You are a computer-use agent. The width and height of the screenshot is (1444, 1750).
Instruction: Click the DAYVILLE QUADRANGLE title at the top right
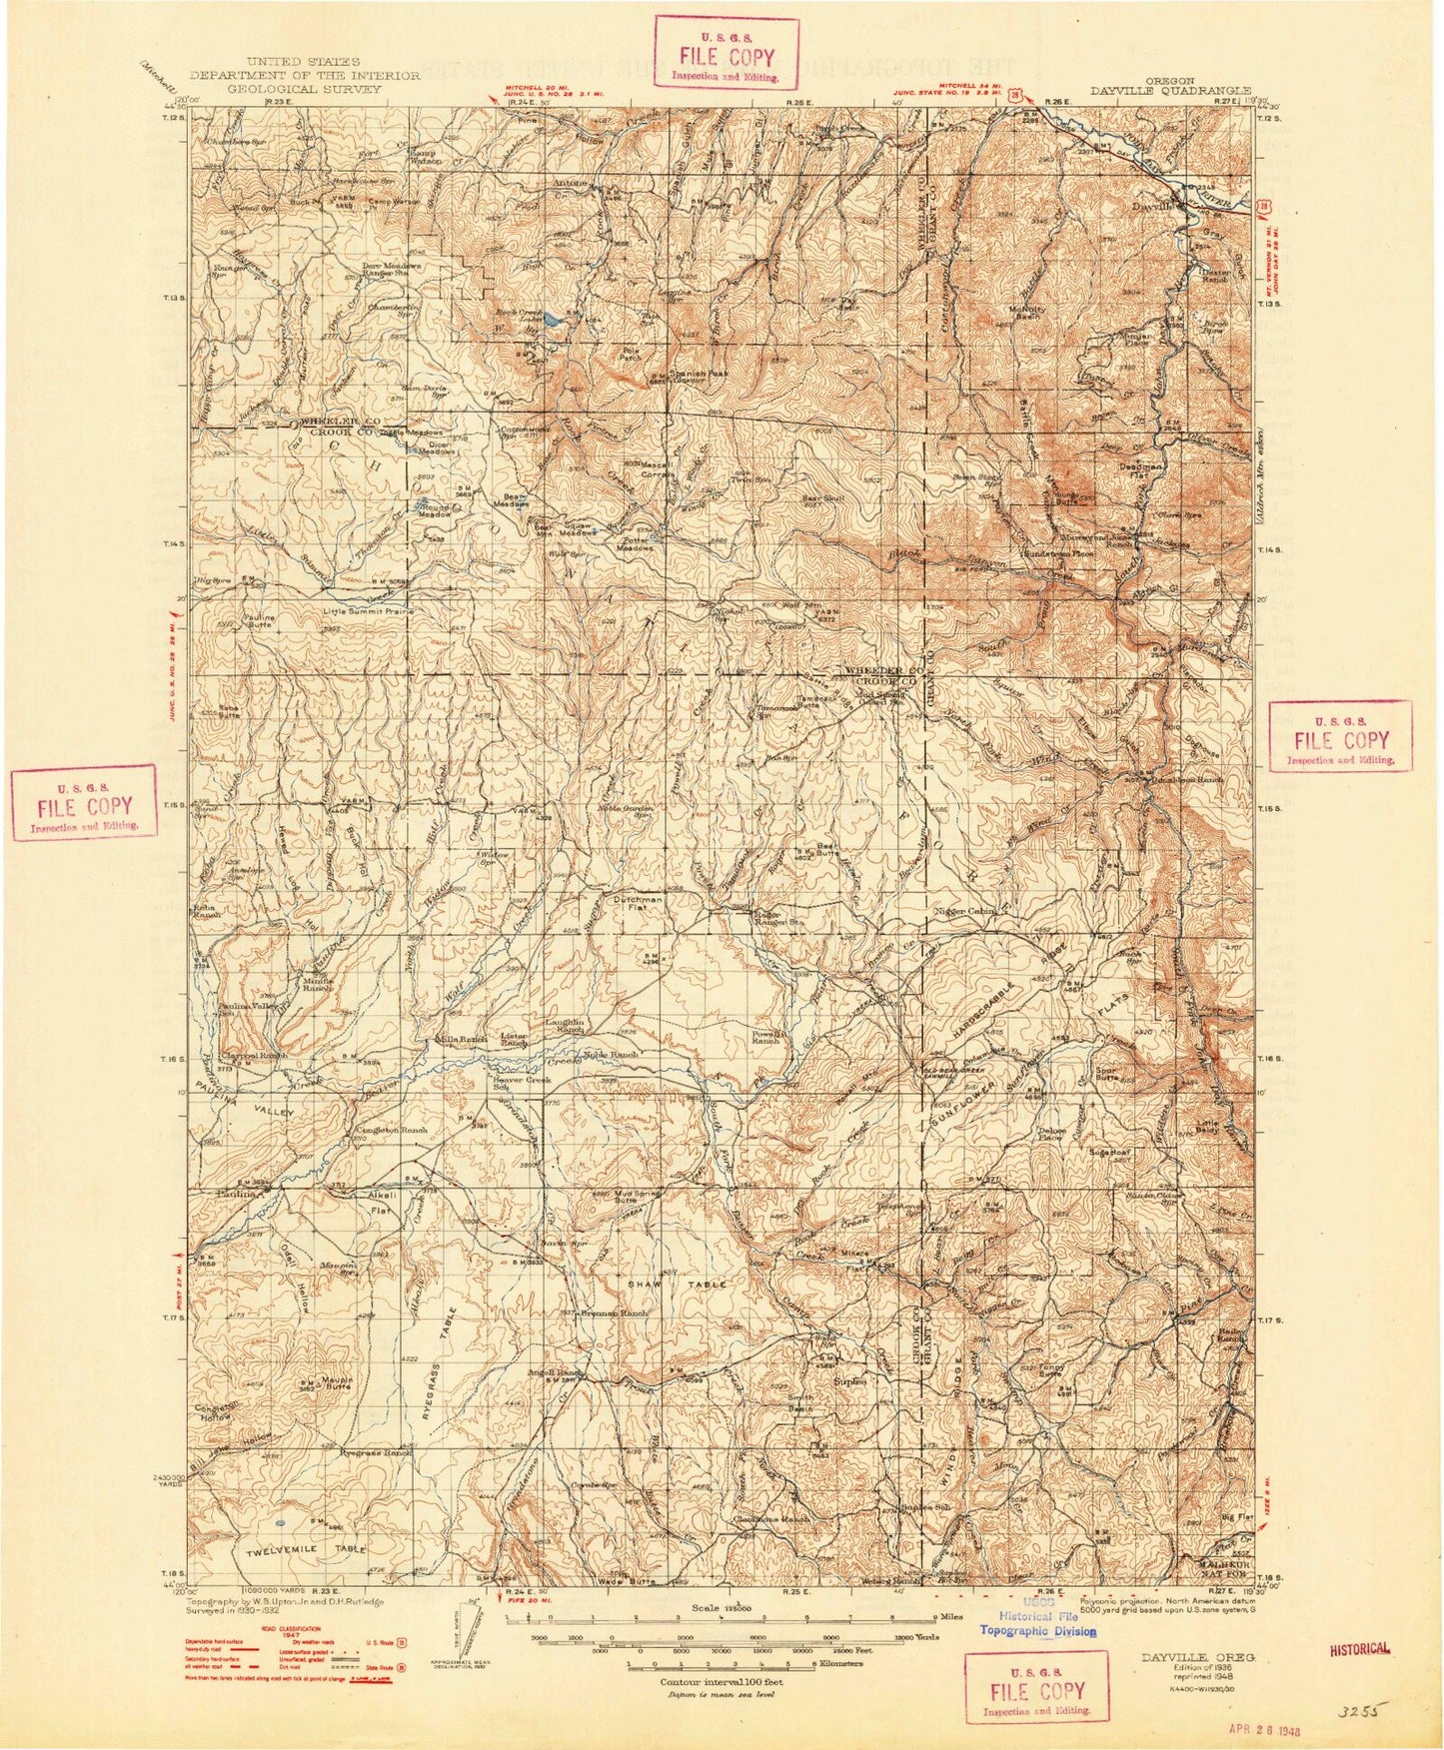tap(1170, 90)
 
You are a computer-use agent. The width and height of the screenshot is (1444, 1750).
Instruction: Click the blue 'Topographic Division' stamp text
tap(1037, 1632)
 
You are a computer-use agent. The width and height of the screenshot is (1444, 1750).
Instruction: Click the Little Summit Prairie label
tap(367, 610)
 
